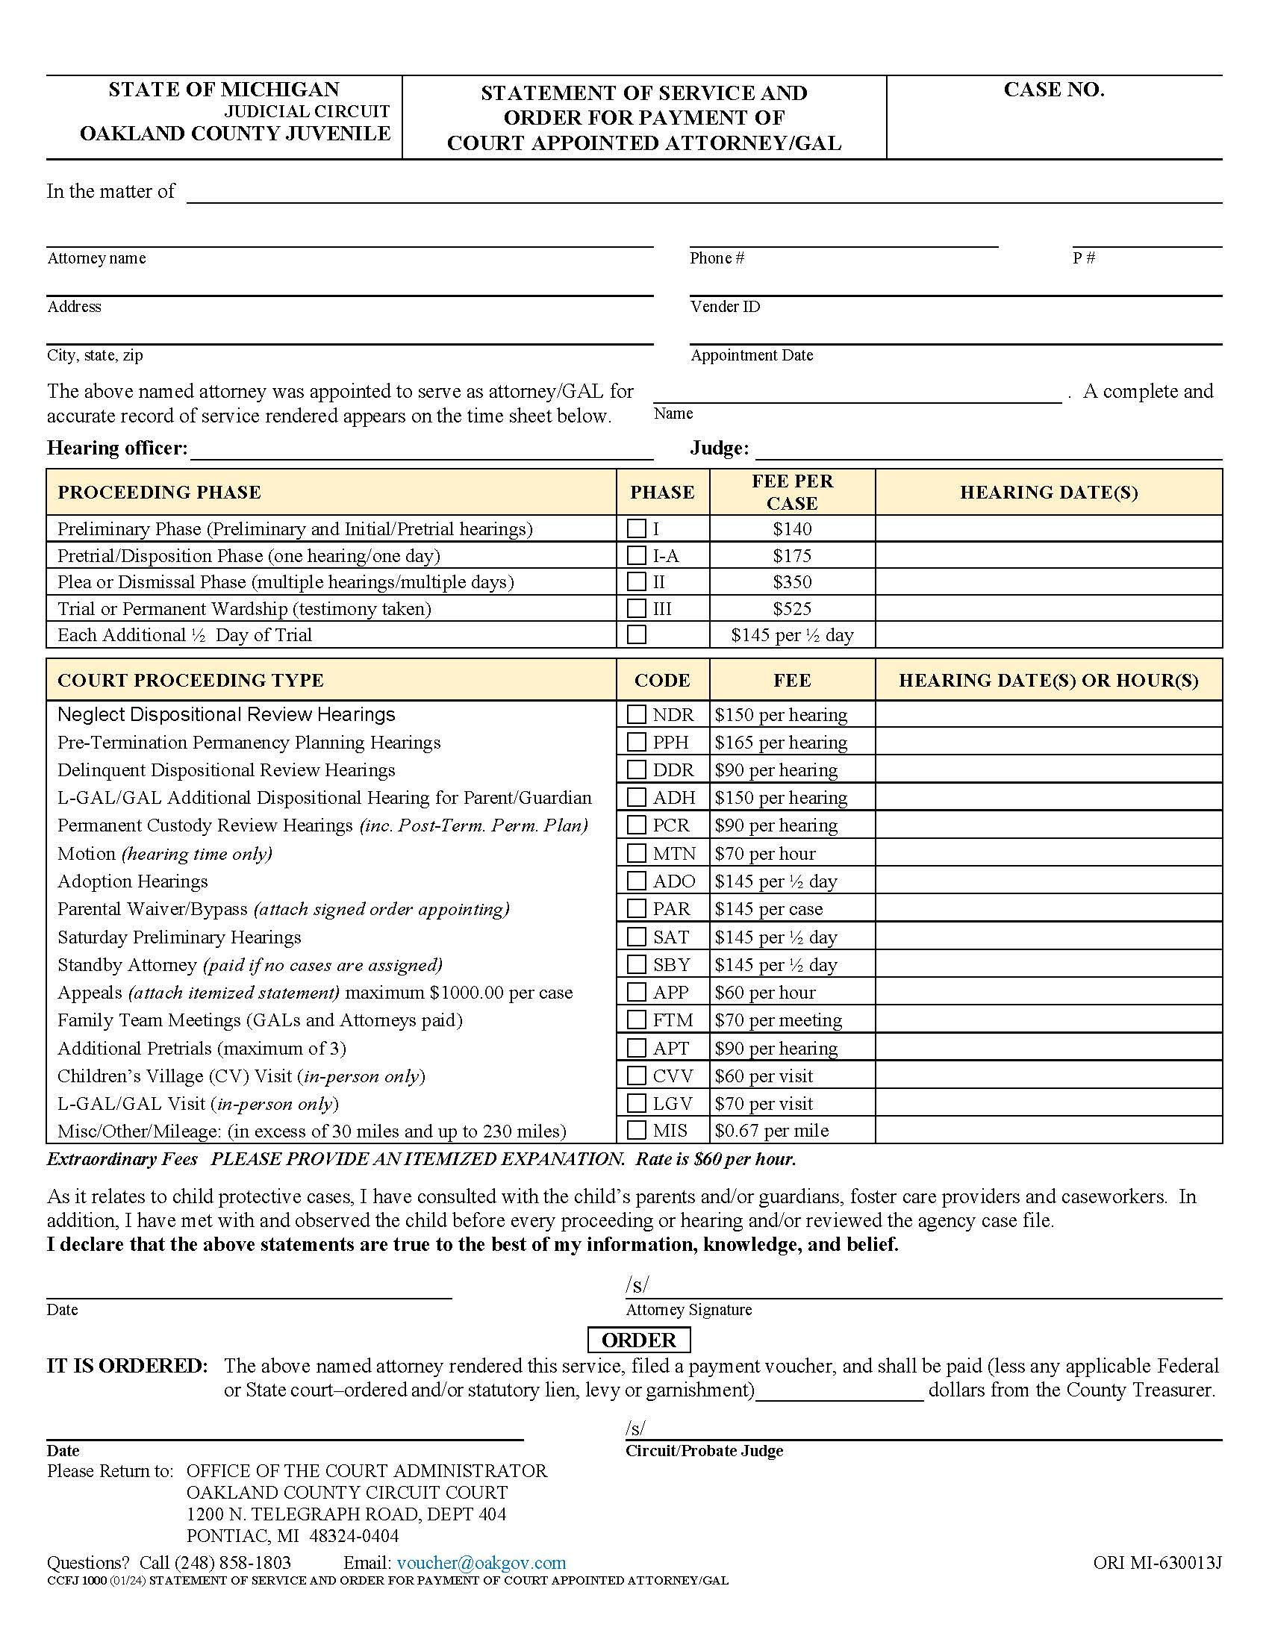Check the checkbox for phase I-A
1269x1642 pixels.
(x=636, y=555)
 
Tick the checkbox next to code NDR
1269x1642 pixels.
(x=636, y=714)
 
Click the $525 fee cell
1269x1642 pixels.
(x=791, y=608)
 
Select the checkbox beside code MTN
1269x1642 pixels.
(x=636, y=853)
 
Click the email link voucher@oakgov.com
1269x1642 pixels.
(x=481, y=1563)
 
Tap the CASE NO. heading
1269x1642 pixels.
(x=1053, y=90)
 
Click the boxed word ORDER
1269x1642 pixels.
(x=638, y=1340)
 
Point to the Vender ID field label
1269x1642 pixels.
(x=725, y=307)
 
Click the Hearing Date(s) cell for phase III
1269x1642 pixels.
(x=1048, y=608)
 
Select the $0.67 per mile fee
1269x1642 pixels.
(x=771, y=1131)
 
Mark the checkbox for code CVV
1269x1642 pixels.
(x=636, y=1076)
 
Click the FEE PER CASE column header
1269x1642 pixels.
(x=791, y=492)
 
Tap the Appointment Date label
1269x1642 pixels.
(x=751, y=355)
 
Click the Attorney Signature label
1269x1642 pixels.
(x=688, y=1310)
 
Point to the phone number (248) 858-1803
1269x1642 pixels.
(x=232, y=1563)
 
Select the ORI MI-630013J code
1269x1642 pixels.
(x=1157, y=1563)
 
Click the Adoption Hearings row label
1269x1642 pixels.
(x=132, y=881)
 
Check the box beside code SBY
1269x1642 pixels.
(x=636, y=964)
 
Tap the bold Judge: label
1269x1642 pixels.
(x=719, y=448)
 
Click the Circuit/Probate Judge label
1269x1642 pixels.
(x=704, y=1451)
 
